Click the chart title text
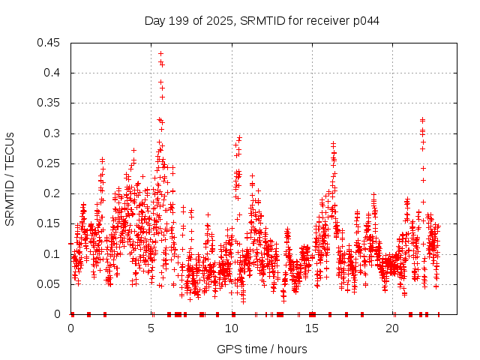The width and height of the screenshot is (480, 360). click(x=262, y=20)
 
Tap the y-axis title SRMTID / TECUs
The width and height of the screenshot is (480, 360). click(x=10, y=178)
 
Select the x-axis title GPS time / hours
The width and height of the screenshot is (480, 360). click(x=262, y=349)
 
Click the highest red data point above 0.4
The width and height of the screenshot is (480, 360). click(x=160, y=54)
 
